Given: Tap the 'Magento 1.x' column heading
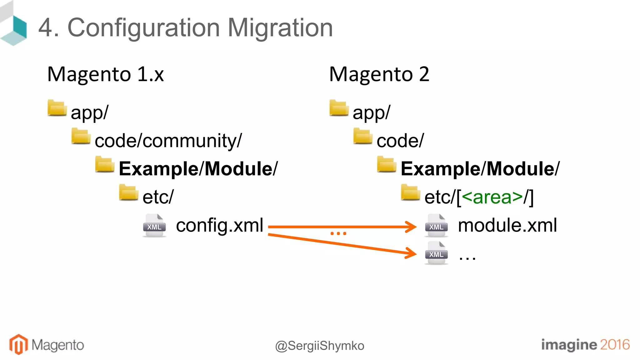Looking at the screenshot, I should click(105, 74).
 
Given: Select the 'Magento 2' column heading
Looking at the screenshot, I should click(379, 74).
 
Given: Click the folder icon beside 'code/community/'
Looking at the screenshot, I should click(81, 136).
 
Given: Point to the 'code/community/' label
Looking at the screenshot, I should click(168, 141).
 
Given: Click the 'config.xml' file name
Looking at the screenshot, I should click(219, 225).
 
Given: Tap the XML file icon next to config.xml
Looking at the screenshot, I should click(154, 226).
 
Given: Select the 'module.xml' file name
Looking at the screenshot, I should click(507, 225).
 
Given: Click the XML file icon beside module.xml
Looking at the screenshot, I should click(436, 226).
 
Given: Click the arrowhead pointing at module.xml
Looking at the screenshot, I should click(412, 227).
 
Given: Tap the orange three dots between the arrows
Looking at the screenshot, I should click(338, 233).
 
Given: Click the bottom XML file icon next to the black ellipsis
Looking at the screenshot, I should click(436, 253).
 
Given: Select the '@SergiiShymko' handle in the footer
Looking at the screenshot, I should click(320, 346).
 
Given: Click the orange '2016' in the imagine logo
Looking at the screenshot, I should click(614, 345).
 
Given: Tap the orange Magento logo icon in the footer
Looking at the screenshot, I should click(18, 344).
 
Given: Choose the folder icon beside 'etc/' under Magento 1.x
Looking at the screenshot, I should click(128, 192).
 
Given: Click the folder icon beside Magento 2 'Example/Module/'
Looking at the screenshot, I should click(387, 164).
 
